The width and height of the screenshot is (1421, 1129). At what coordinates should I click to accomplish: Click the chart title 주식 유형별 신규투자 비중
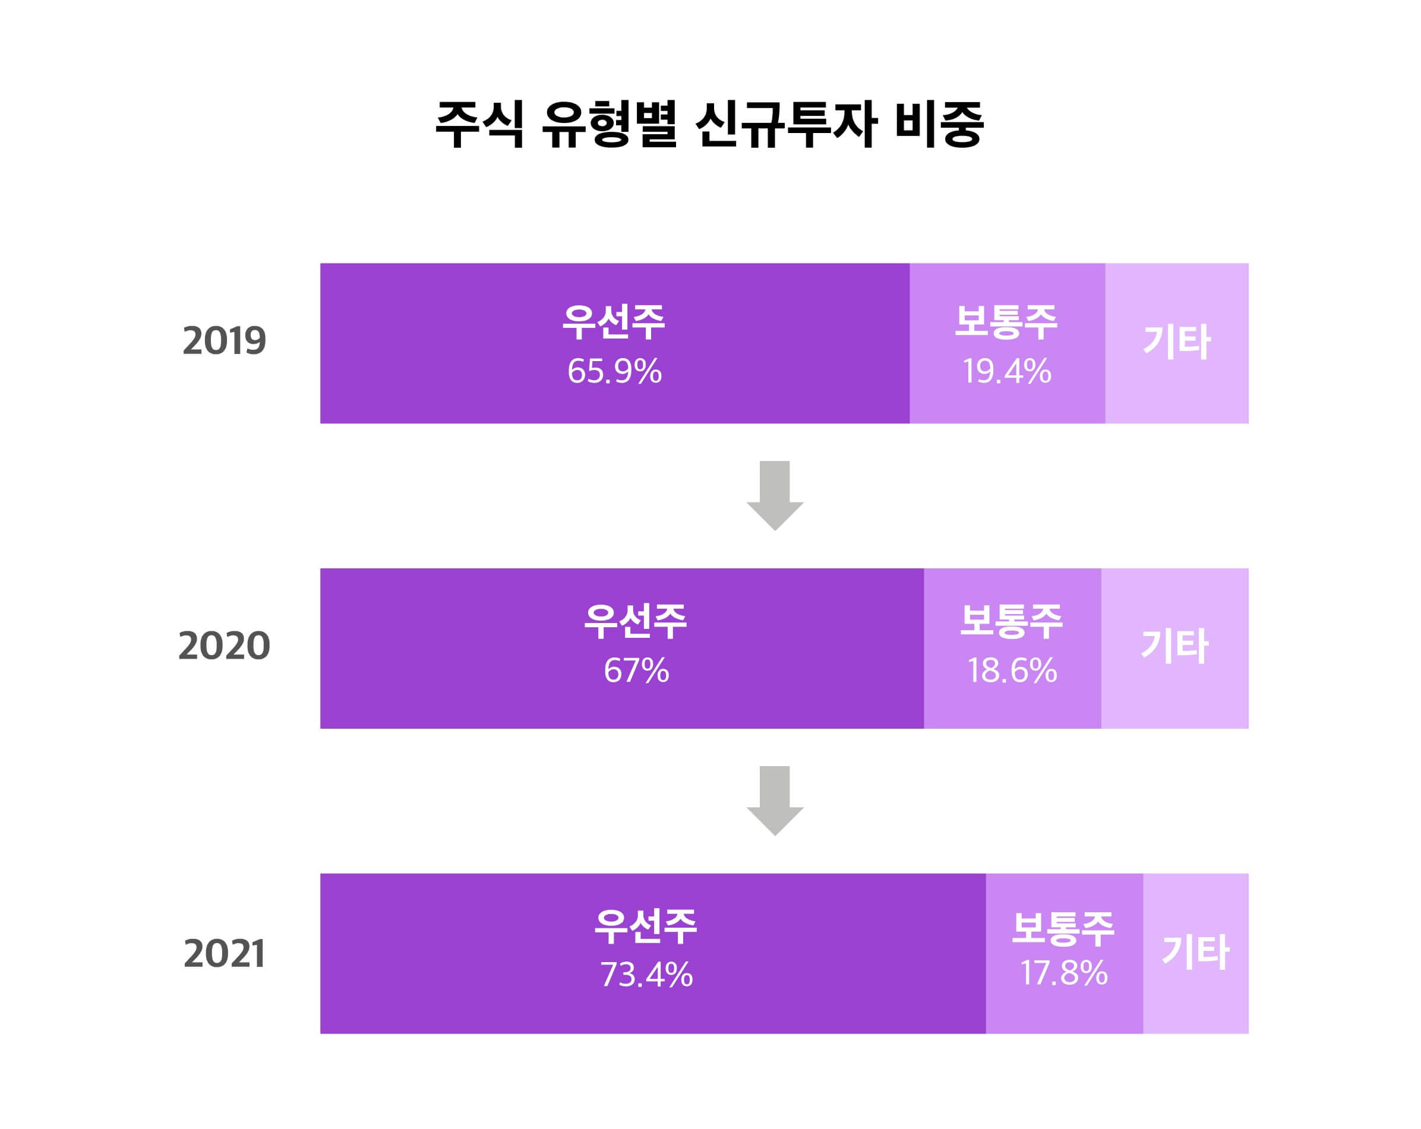click(x=709, y=125)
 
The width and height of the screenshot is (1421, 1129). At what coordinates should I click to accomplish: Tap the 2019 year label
click(x=224, y=341)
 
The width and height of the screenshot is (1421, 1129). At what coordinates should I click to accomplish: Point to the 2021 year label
click(x=224, y=953)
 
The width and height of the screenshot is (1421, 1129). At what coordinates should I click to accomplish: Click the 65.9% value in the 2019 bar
click(x=614, y=371)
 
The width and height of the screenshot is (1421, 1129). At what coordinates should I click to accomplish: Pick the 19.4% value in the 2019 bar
click(x=1006, y=371)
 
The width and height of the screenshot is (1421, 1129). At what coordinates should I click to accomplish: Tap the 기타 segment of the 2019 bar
click(x=1176, y=343)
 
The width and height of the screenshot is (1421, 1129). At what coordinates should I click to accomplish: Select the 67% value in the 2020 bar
click(x=636, y=671)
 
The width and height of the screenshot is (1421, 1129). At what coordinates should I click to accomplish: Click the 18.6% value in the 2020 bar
click(x=1012, y=671)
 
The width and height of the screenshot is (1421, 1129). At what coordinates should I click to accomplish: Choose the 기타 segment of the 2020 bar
click(x=1174, y=647)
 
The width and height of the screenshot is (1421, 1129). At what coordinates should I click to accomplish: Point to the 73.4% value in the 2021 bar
click(x=646, y=975)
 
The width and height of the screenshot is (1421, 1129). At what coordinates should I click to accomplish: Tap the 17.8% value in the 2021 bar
click(x=1064, y=973)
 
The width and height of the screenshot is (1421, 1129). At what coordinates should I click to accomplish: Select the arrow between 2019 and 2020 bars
click(x=775, y=495)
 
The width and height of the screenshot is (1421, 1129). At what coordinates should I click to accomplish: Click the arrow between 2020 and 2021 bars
click(x=775, y=800)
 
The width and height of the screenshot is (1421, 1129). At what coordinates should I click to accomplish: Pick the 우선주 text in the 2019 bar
click(x=614, y=322)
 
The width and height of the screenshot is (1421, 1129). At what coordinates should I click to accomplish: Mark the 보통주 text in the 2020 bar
click(x=1011, y=621)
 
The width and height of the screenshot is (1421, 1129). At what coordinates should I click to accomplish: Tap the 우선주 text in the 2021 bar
click(x=645, y=926)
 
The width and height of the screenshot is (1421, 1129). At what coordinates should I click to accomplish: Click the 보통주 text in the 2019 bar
click(x=1006, y=322)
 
